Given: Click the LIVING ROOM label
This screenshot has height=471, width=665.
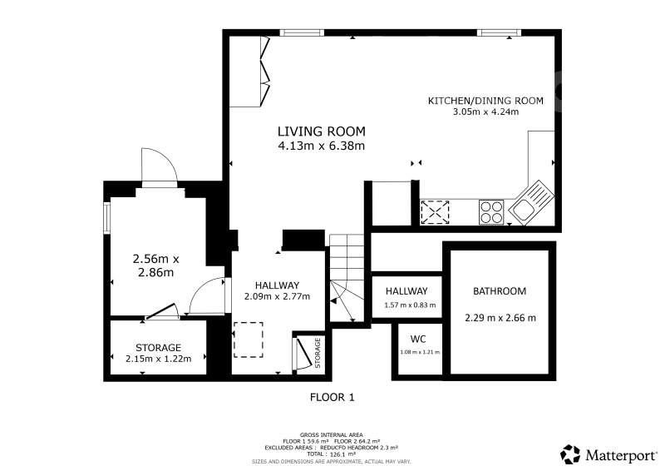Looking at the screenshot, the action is click(x=322, y=131).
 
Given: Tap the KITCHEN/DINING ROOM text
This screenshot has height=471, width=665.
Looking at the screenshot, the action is click(x=485, y=101).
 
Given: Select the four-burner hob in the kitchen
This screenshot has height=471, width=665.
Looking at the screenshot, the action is click(x=491, y=212).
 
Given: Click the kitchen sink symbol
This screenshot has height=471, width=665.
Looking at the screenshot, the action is click(x=531, y=202).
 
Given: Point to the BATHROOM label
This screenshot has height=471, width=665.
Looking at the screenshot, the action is click(x=500, y=291).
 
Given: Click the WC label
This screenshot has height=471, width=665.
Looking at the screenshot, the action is click(x=418, y=339).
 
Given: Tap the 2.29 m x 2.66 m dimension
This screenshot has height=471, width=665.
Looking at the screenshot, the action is click(x=500, y=318).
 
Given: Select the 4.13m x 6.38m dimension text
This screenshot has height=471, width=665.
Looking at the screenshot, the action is click(x=322, y=146).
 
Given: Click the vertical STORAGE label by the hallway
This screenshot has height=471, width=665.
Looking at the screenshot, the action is click(x=318, y=353).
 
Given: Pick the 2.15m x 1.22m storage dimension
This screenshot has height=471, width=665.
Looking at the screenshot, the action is click(x=158, y=359).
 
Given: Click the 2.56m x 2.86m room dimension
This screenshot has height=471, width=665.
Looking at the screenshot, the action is click(x=156, y=265).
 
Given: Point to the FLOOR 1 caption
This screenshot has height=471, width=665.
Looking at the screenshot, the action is click(x=332, y=398).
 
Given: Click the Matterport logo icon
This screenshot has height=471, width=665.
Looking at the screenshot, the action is click(x=570, y=454).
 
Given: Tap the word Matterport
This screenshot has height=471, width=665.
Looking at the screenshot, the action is click(x=620, y=456).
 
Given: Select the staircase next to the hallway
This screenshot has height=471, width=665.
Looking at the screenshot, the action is click(x=347, y=278).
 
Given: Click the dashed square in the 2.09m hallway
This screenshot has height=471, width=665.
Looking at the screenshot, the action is click(x=248, y=340).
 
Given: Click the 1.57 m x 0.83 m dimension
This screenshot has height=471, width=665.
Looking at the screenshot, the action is click(x=410, y=305).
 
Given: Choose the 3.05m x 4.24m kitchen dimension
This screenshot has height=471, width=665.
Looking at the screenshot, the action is click(x=485, y=112).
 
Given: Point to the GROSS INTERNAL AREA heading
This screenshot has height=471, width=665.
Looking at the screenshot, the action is click(x=331, y=435).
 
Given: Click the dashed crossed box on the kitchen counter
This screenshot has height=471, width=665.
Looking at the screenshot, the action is click(x=435, y=212).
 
